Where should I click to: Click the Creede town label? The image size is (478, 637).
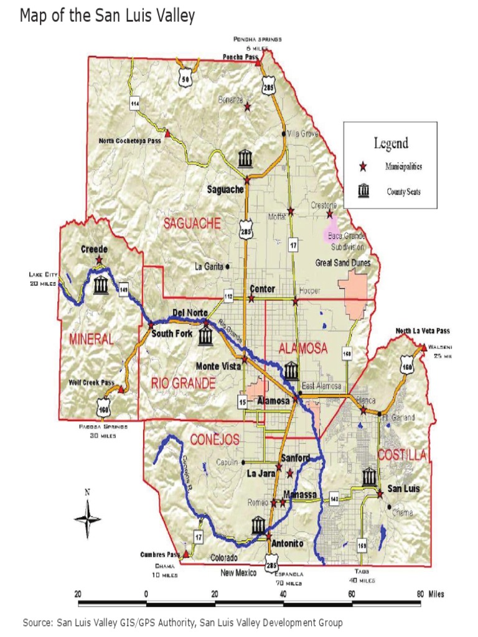94,249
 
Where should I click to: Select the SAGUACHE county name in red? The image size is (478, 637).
192,223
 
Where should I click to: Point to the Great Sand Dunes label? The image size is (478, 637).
343,263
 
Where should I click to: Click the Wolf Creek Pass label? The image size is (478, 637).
92,383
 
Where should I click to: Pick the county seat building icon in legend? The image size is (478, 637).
363,191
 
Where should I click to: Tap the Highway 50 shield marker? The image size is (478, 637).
185,80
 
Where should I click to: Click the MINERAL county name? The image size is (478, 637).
91,340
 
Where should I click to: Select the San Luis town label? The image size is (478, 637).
404,488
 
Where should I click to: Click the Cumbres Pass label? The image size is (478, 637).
159,554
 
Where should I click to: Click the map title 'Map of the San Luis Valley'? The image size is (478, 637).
107,16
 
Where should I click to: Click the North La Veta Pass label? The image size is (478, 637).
423,331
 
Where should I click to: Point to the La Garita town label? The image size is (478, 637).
209,267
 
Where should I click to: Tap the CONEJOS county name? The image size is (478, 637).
215,440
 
